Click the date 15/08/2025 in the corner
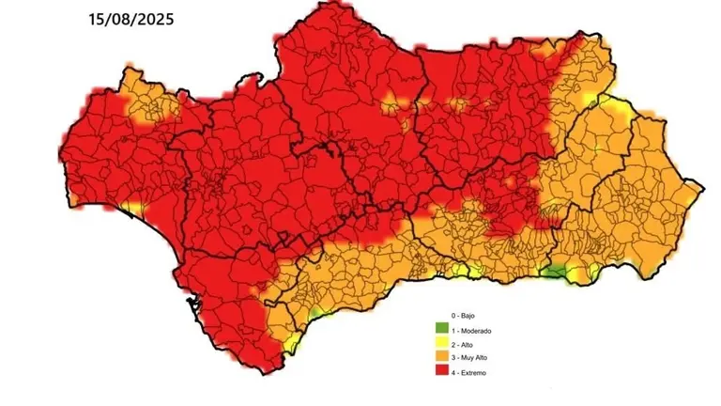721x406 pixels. tap(130, 18)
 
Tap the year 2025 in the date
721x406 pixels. tap(154, 18)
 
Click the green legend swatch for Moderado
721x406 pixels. tap(440, 330)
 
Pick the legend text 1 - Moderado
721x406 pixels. tap(471, 331)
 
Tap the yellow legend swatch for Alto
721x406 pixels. tap(440, 344)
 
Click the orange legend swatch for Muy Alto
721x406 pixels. tap(440, 358)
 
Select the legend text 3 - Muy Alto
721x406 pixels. tap(469, 359)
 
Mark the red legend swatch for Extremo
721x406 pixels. tap(440, 372)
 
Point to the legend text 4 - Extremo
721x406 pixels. tap(469, 373)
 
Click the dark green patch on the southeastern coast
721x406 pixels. tap(557, 272)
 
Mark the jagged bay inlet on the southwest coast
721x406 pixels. tap(193, 303)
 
